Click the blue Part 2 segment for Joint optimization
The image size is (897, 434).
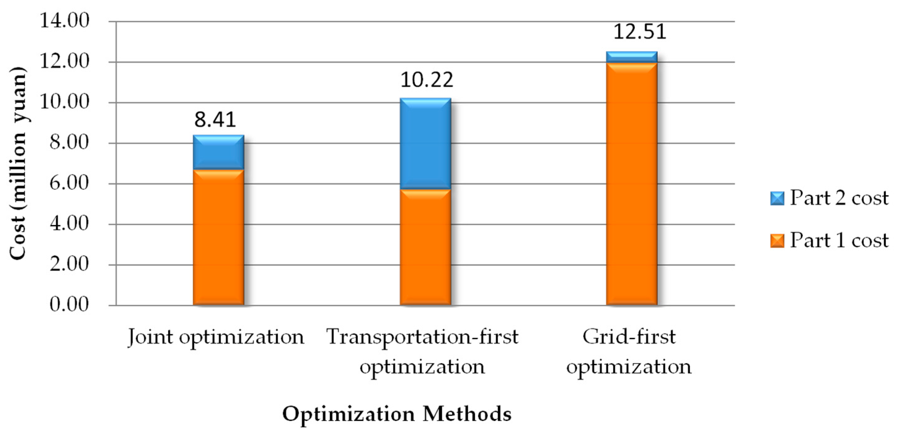[x=218, y=152]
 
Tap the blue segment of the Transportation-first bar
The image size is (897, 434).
[x=425, y=144]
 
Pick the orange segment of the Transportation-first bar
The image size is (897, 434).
[x=425, y=247]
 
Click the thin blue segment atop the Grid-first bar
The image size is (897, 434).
[x=632, y=57]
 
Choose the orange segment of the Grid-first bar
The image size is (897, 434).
[x=632, y=184]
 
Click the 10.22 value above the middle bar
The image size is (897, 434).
[x=427, y=79]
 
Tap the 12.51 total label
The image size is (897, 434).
[x=639, y=31]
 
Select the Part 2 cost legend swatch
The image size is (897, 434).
[x=777, y=198]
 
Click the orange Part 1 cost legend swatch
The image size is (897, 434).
[x=777, y=241]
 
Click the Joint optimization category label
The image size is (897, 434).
[x=216, y=337]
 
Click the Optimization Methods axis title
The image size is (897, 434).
[x=397, y=414]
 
